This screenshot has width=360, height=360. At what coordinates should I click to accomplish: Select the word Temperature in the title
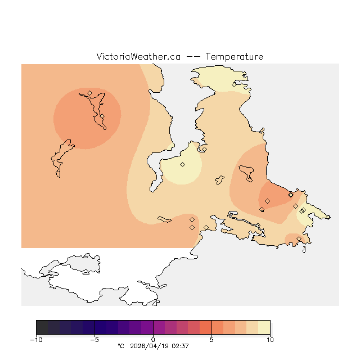point(234,57)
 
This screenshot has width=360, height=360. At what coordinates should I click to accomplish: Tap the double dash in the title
point(192,57)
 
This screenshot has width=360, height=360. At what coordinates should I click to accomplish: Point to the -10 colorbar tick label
point(36,340)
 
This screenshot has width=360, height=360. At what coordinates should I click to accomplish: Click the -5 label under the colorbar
point(94,340)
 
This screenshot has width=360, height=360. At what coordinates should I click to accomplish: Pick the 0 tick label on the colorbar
point(153,340)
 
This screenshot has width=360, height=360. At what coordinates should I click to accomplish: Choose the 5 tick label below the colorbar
point(211,340)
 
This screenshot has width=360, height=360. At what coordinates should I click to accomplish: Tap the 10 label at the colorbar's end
point(270,340)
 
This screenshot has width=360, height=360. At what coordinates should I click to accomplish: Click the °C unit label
point(120,346)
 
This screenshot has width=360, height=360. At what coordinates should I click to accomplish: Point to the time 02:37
point(180,346)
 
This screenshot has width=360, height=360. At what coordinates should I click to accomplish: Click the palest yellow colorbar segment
point(264,327)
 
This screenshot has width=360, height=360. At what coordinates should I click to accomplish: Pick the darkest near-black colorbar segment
point(42,327)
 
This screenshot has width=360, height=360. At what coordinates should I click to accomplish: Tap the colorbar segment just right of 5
point(217,327)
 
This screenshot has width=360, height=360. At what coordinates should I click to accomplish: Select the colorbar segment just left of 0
point(147,327)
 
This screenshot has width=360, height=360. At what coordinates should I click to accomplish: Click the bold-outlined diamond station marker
point(291,195)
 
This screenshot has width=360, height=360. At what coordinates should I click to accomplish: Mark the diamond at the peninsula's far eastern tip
point(303,210)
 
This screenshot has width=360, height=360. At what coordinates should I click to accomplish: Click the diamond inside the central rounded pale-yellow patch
point(182,164)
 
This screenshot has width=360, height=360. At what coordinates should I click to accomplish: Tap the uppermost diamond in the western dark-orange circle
point(89,93)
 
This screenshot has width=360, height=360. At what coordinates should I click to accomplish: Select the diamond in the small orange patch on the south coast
point(299,239)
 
